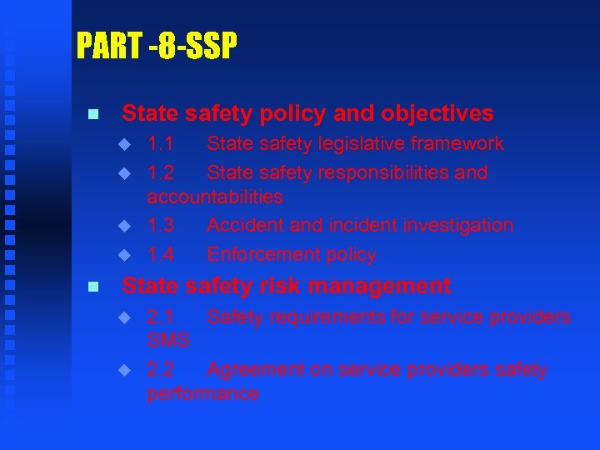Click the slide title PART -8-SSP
tap(156, 46)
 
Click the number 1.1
tap(160, 144)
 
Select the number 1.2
tap(160, 173)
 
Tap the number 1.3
tap(160, 226)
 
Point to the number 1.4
tap(160, 255)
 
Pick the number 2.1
tap(160, 317)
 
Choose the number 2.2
tap(160, 370)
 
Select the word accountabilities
tap(215, 197)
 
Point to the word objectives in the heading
tap(437, 114)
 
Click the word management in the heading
tap(379, 287)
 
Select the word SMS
tap(168, 340)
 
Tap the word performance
tap(202, 393)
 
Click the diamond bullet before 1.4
tap(124, 255)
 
